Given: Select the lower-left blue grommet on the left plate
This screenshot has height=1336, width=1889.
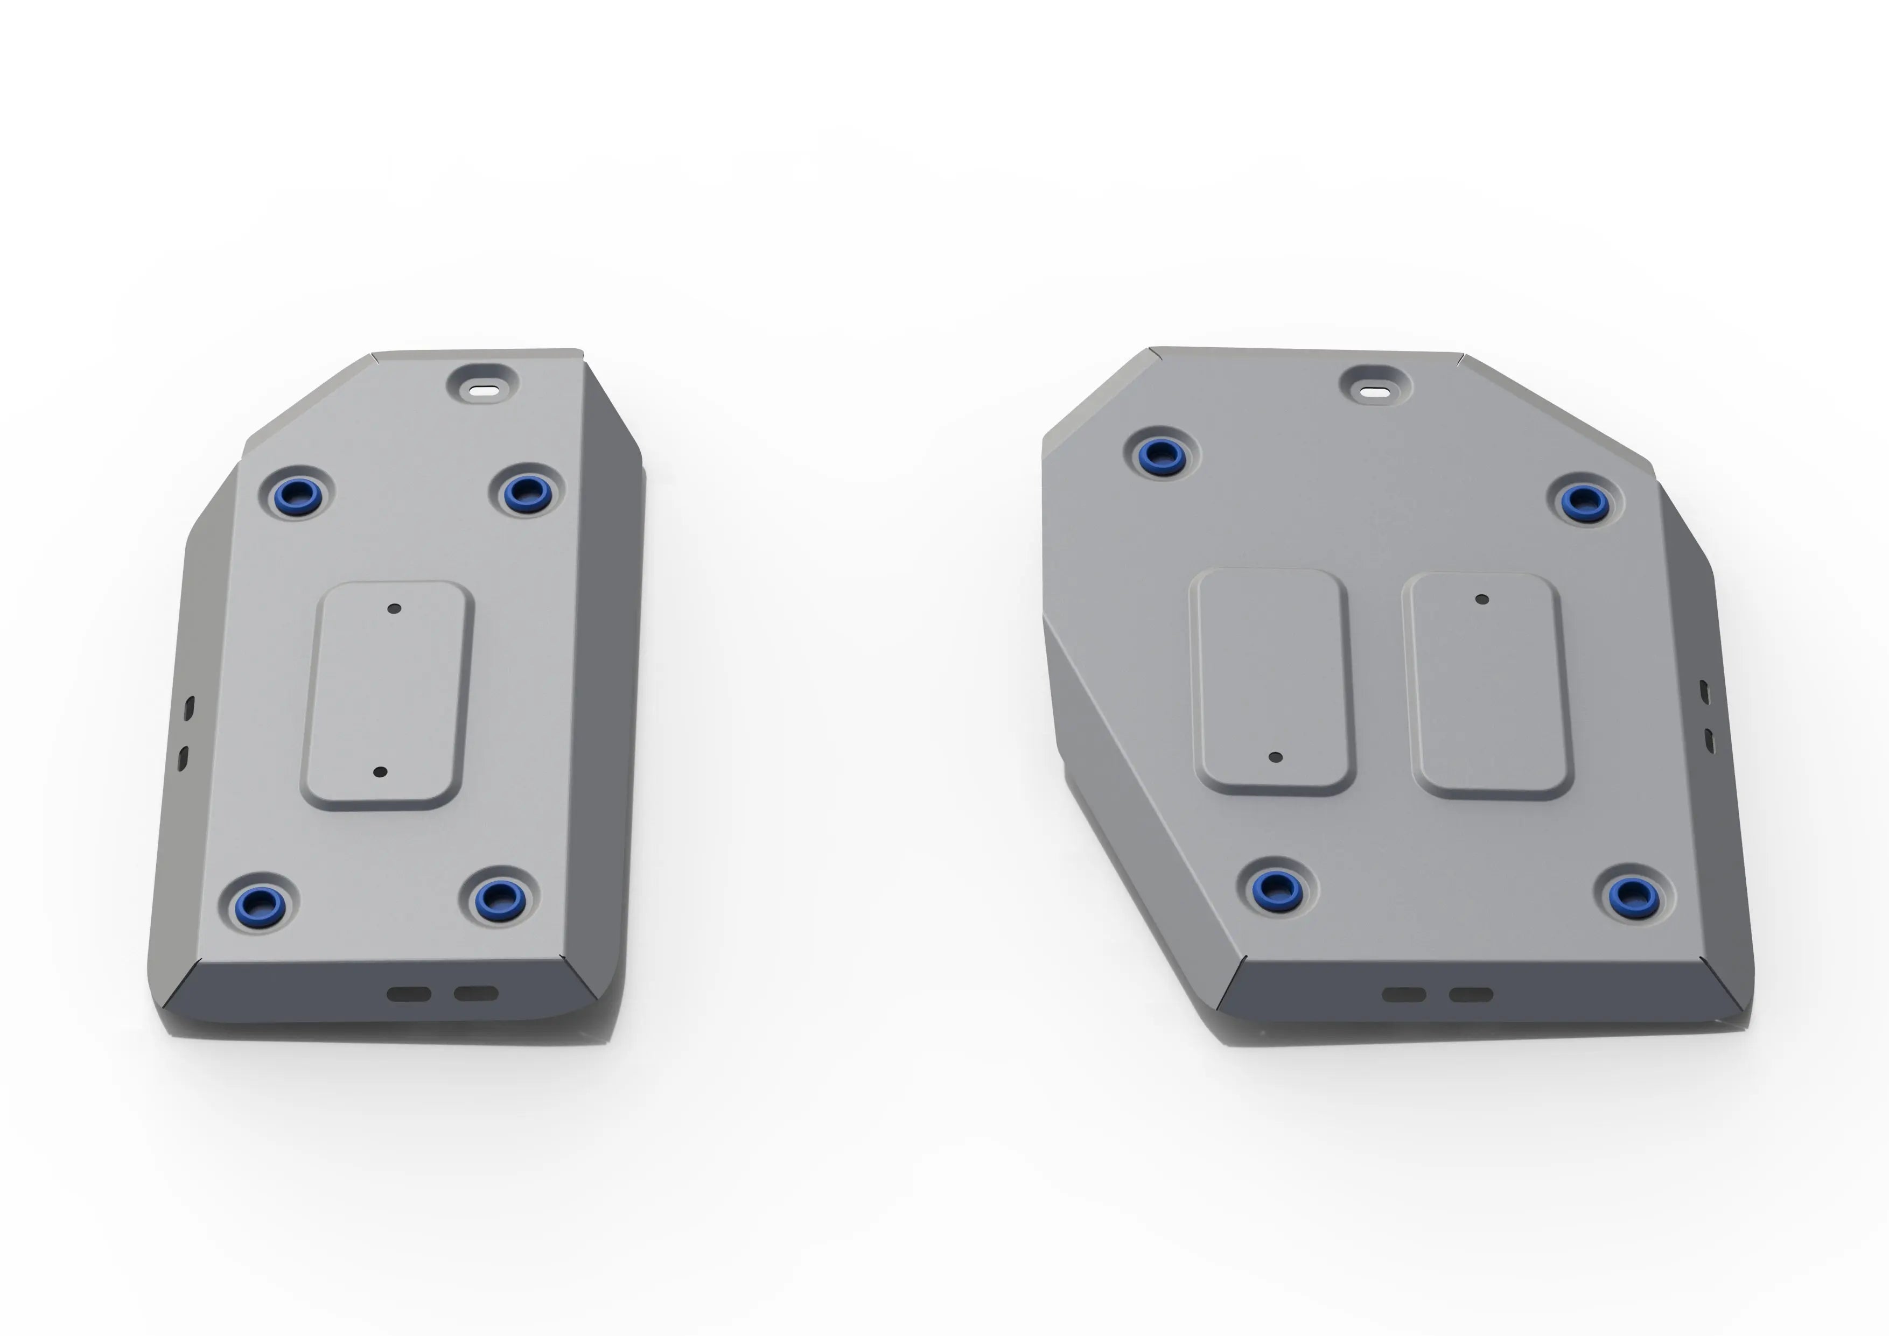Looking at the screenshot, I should (x=261, y=903).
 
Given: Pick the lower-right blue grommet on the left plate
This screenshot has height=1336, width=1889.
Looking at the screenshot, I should (x=499, y=898).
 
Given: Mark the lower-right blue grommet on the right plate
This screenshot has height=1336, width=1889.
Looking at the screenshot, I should (x=1632, y=894).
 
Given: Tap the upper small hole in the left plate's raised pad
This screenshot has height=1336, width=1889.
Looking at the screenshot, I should (x=394, y=609).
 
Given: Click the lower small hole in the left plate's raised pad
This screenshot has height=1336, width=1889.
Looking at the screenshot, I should (x=380, y=772).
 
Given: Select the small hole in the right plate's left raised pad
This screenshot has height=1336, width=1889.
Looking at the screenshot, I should (x=1275, y=757).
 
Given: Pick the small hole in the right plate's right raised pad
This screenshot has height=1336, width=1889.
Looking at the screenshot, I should (x=1482, y=599).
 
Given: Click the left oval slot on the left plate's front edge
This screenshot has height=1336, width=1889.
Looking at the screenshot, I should (x=409, y=994).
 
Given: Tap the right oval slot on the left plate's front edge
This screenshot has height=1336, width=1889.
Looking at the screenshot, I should (x=477, y=993).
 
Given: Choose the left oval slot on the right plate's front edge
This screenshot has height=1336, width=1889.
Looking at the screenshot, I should (x=1404, y=995).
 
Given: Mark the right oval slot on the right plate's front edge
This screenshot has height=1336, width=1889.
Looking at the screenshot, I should (x=1471, y=995).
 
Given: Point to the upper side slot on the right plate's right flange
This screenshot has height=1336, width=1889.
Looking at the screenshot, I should (x=1704, y=692).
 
